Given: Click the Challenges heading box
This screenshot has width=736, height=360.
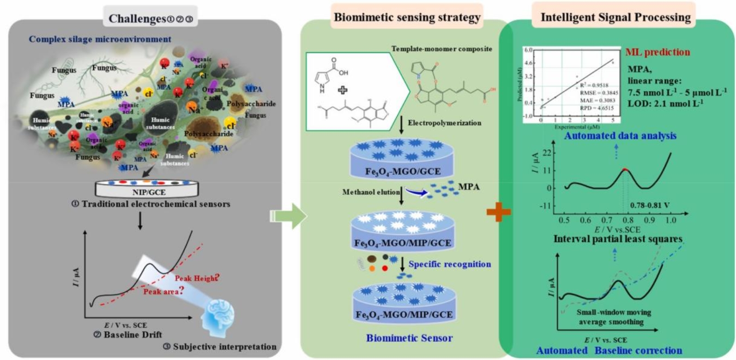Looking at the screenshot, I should (151, 18).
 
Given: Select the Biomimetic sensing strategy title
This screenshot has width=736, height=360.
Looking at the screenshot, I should (407, 18).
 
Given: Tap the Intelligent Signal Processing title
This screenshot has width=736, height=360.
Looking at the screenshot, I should (615, 18).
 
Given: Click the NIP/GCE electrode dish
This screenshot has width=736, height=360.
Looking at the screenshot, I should (149, 188).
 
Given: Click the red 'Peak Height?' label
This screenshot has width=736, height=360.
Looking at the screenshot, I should (196, 278).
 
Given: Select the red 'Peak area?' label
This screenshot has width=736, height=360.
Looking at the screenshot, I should (161, 292).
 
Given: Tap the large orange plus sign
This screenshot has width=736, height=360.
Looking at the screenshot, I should (499, 212).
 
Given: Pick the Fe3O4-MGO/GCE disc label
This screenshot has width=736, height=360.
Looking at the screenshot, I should (403, 172).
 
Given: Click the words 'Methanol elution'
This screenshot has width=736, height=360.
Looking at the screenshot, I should (371, 192).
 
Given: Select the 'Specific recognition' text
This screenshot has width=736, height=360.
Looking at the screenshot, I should (450, 264).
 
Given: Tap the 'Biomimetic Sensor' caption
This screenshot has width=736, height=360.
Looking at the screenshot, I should (409, 338).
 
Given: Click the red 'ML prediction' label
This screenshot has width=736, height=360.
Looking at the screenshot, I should (658, 52).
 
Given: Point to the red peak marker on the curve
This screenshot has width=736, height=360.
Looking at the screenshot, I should (625, 170).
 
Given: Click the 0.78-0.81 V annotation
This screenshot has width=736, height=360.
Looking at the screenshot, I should (649, 205).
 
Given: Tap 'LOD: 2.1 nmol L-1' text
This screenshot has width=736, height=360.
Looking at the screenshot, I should (665, 103).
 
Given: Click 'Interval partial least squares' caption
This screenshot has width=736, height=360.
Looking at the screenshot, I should (618, 239).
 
